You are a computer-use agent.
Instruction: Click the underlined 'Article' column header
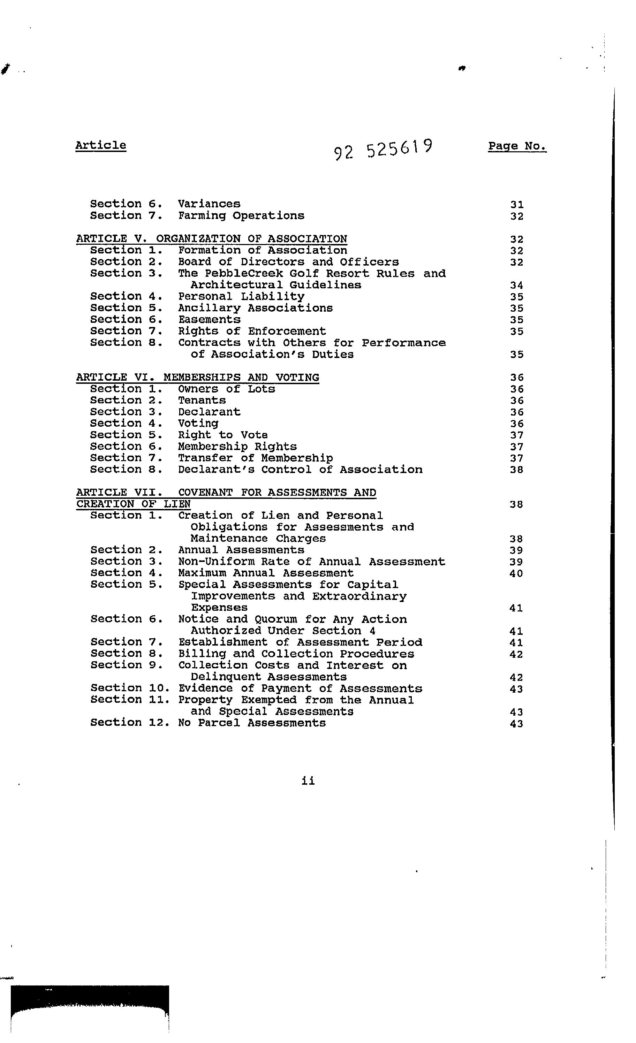pos(100,145)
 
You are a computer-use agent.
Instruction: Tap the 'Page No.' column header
pos(517,146)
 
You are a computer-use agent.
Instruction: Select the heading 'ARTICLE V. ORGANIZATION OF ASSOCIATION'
pos(211,239)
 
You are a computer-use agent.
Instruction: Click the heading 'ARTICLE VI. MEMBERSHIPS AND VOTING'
pos(197,377)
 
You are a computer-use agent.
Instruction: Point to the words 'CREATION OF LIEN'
pos(134,504)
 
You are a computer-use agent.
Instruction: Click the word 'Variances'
pos(209,204)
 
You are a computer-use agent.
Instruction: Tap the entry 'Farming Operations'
pos(241,215)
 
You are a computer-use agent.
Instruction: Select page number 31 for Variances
pos(517,205)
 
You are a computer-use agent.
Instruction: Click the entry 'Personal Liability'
pos(241,296)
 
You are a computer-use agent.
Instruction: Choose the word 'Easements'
pos(209,320)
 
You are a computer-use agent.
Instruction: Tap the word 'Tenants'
pos(202,401)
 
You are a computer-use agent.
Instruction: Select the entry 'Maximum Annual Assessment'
pos(265,573)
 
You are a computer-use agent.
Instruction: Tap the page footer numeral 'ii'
pos(308,781)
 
